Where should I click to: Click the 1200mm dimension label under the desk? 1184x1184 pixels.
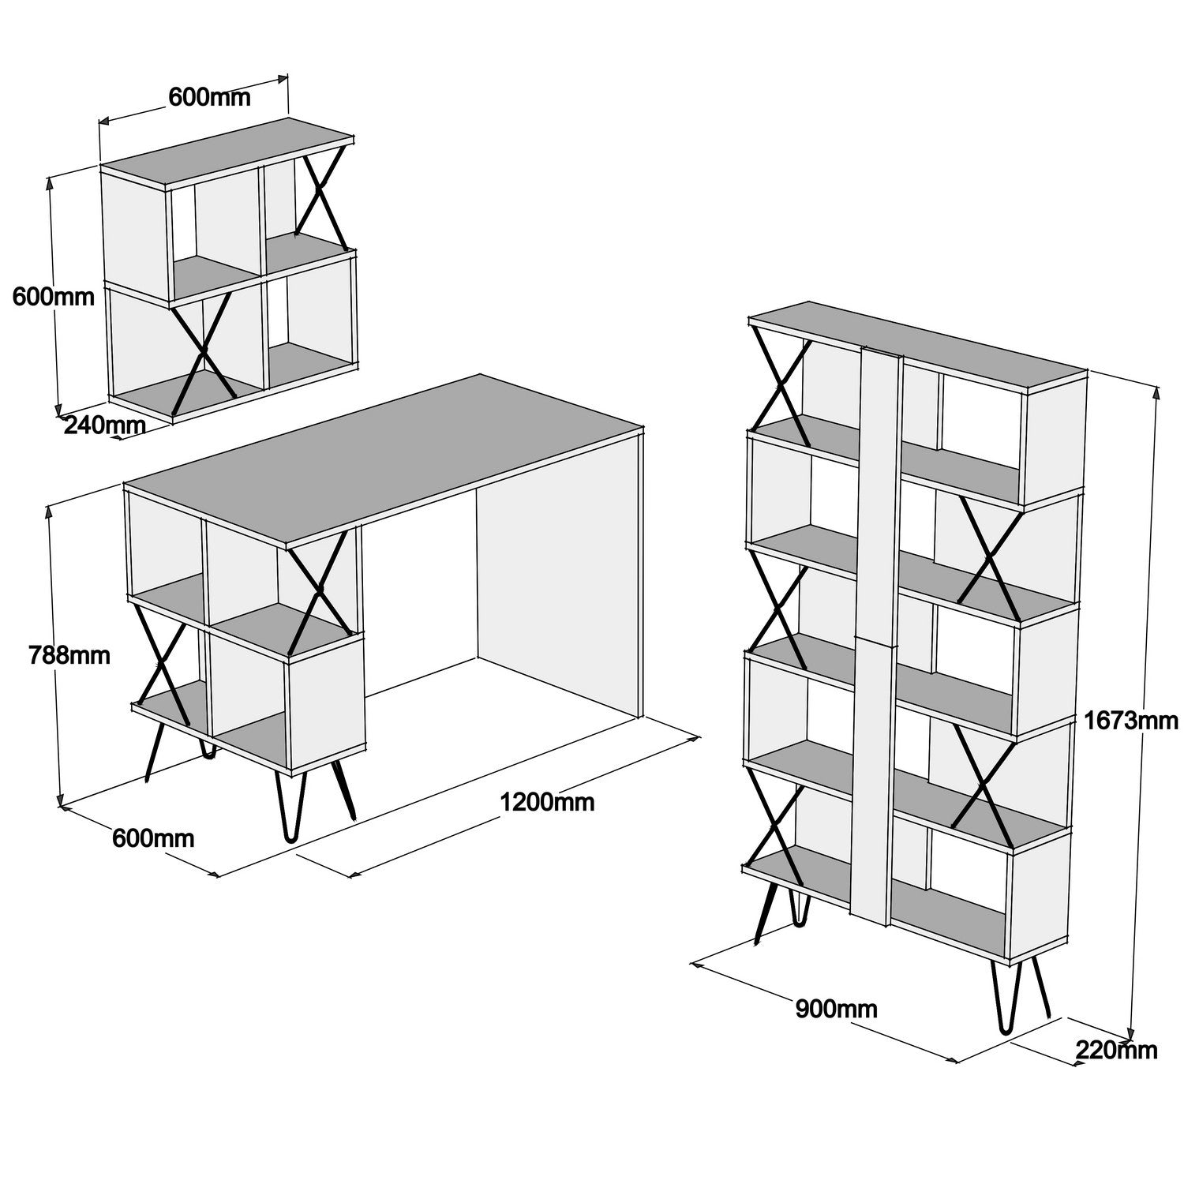coord(547,802)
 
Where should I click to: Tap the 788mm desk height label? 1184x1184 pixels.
coord(69,654)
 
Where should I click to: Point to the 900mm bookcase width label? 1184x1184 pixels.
coord(836,1008)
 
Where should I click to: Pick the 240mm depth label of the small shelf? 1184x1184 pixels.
coord(104,425)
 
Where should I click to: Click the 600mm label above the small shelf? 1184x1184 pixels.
coord(209,97)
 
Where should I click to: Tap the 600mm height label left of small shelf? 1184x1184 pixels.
coord(53,297)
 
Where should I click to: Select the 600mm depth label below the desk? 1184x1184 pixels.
coord(153,837)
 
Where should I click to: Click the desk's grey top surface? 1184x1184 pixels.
coord(387,458)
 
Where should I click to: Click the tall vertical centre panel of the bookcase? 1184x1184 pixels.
coord(874,631)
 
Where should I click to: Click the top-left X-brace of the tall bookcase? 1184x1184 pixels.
coord(781,387)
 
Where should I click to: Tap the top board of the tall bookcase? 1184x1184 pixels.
coord(916,343)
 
